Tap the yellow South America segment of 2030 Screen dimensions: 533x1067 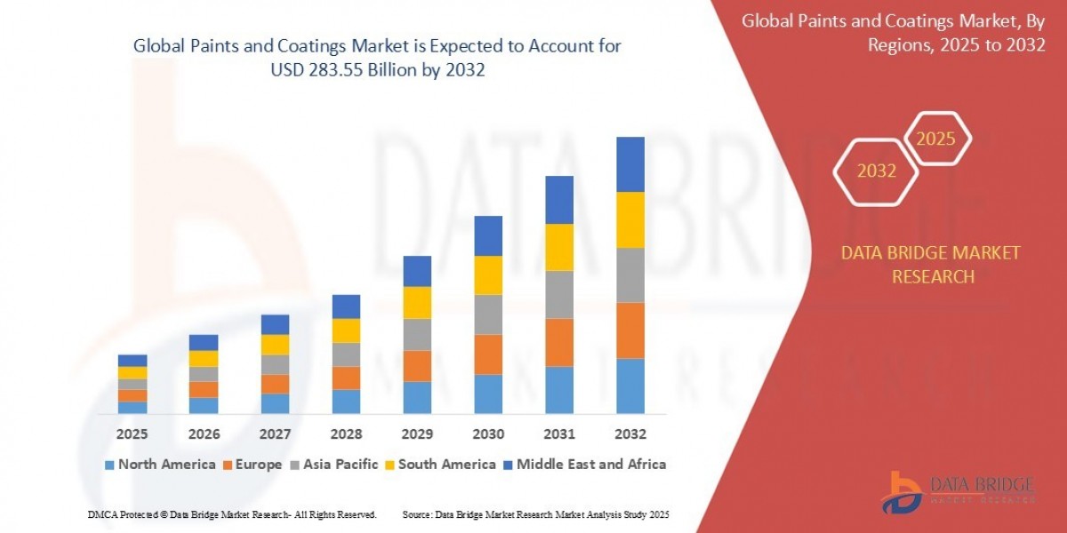point(488,275)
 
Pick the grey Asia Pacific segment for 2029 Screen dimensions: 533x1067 point(417,334)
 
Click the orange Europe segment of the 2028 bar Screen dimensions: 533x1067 point(346,378)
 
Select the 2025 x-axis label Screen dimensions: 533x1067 point(132,434)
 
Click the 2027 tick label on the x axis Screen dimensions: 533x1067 point(275,434)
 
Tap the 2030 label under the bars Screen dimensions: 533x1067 point(488,434)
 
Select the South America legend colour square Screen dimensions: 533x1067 point(390,465)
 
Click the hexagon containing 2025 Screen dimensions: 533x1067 point(935,139)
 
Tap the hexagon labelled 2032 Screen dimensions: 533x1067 point(876,171)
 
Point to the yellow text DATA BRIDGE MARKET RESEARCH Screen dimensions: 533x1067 point(931,265)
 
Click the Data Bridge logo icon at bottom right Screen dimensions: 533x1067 point(903,491)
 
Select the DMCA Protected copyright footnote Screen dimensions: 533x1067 point(233,514)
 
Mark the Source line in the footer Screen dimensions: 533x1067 point(535,514)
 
